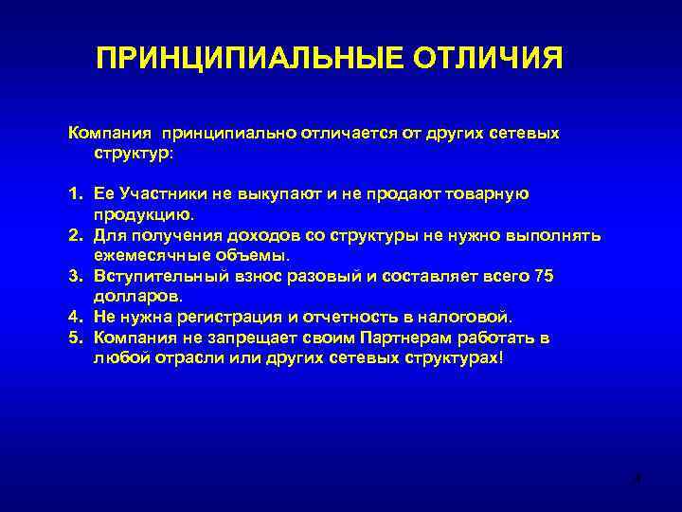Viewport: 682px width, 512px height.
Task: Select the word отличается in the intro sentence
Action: click(346, 133)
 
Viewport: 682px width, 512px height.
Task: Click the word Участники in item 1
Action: click(160, 193)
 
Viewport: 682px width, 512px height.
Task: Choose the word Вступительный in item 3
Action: click(156, 276)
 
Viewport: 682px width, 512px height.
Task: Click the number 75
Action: click(543, 276)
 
